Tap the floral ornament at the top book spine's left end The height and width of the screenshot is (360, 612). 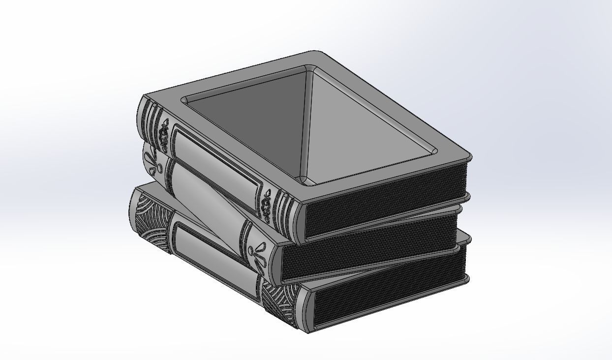164,133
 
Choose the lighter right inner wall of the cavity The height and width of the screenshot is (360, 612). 364,118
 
